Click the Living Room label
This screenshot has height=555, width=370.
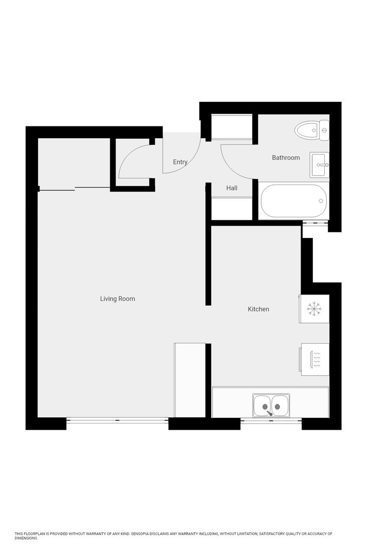coord(117,299)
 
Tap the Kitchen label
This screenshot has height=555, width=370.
coord(258,309)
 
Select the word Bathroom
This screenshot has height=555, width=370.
coord(286,158)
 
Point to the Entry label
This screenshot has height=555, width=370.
coord(180,162)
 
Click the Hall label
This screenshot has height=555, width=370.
coord(232,189)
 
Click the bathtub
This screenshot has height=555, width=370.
coord(293,201)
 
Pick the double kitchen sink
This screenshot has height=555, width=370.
coord(271,405)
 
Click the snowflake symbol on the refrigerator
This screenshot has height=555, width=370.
coord(313,309)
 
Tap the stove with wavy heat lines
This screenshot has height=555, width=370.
coord(315,359)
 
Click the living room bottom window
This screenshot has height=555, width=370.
coord(117,421)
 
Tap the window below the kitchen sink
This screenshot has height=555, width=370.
coord(271,421)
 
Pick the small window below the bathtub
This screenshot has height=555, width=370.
coord(314,223)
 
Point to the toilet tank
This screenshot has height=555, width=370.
coord(324,130)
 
